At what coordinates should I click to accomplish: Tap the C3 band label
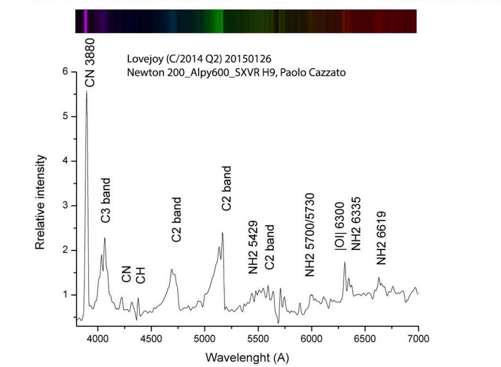[106, 201]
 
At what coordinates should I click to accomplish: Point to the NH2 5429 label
[253, 247]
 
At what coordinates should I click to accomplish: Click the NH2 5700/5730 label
[310, 235]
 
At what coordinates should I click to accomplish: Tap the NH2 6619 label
[382, 238]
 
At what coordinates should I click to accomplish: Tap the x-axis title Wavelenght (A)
[247, 357]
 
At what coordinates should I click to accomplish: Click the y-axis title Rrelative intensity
[41, 203]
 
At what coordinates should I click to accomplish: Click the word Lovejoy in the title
[141, 59]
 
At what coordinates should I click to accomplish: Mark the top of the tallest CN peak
[87, 92]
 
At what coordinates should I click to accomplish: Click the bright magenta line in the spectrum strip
[85, 21]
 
